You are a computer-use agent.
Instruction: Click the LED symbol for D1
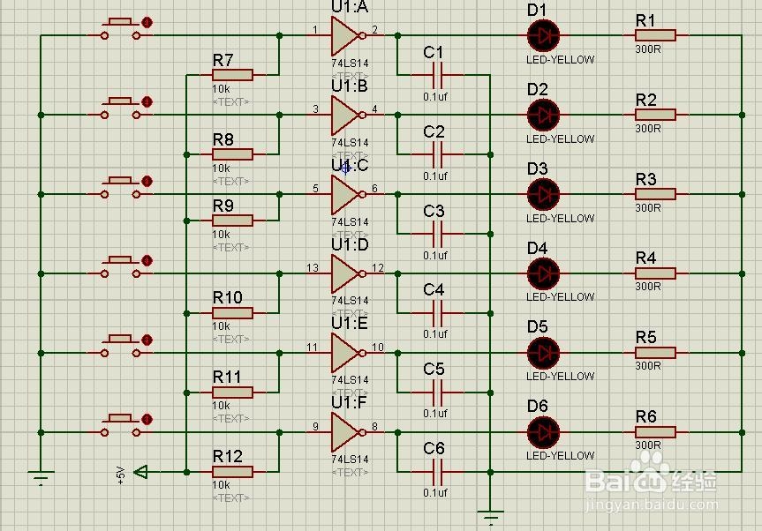(543, 35)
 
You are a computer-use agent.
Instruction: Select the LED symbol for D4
(543, 273)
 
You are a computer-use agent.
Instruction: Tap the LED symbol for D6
(543, 431)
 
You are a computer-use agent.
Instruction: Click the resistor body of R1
(655, 35)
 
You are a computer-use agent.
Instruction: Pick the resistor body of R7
(232, 75)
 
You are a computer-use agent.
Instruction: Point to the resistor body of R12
(232, 472)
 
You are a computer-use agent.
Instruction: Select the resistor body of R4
(655, 273)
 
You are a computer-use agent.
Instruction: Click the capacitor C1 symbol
(434, 75)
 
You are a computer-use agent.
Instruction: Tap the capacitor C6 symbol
(434, 471)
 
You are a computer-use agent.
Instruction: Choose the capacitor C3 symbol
(434, 234)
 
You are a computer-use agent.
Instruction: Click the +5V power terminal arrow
(140, 473)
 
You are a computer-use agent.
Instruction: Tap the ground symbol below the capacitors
(491, 513)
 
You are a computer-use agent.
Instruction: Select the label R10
(227, 297)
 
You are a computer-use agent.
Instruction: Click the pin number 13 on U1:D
(313, 267)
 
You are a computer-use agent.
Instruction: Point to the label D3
(537, 168)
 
